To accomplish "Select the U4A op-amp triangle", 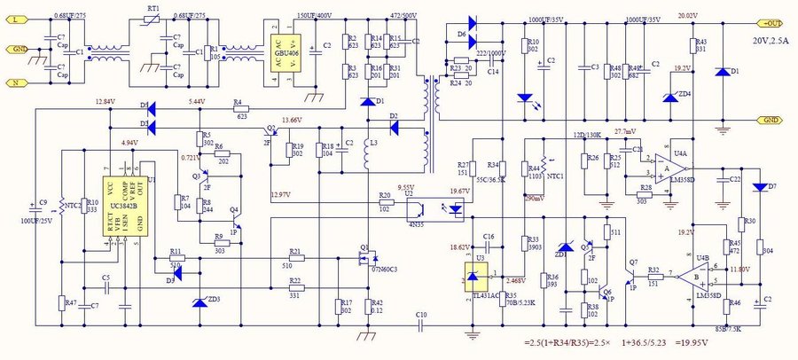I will (664, 172).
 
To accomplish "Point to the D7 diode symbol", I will (760, 187).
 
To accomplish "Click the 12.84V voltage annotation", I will (105, 102).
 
